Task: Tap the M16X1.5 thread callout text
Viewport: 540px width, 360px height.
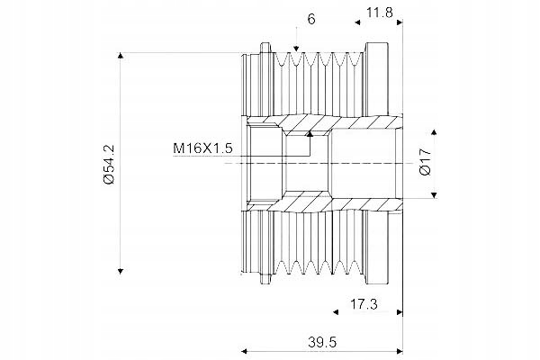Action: point(202,148)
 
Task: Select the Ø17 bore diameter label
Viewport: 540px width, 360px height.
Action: point(426,162)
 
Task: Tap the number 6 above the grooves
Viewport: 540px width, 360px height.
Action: point(311,19)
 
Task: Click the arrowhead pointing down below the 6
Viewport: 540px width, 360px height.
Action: point(296,49)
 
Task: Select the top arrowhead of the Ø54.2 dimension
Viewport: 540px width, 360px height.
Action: point(121,56)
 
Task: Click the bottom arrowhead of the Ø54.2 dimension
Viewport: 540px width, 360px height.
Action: point(121,271)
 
